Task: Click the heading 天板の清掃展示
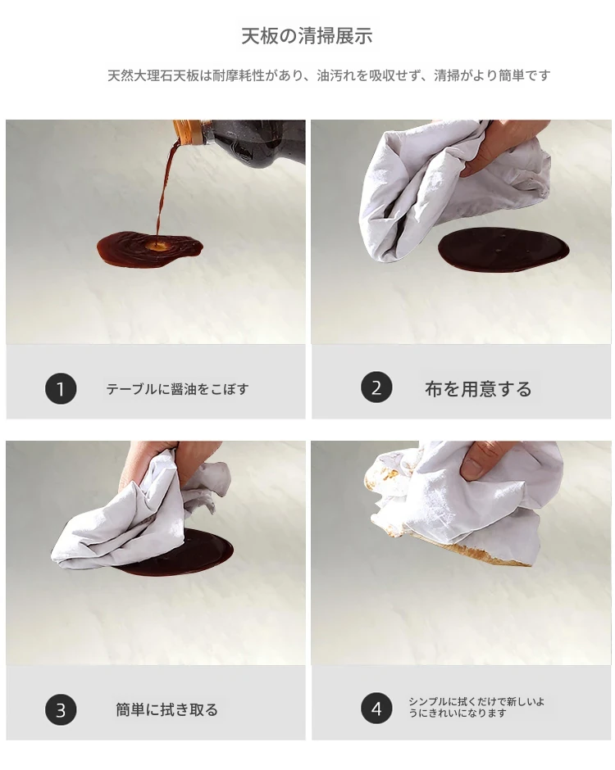pyautogui.click(x=307, y=36)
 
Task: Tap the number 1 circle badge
pyautogui.click(x=61, y=389)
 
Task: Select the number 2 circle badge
pyautogui.click(x=376, y=387)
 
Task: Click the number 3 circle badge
pyautogui.click(x=61, y=709)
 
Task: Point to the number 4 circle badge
pyautogui.click(x=376, y=708)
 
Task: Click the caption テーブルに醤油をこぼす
pyautogui.click(x=177, y=389)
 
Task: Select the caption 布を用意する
pyautogui.click(x=478, y=389)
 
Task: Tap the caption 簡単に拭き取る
pyautogui.click(x=166, y=709)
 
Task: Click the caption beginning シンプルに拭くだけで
pyautogui.click(x=476, y=707)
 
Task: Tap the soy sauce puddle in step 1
pyautogui.click(x=149, y=249)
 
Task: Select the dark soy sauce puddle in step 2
pyautogui.click(x=503, y=250)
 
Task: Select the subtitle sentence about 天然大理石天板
pyautogui.click(x=329, y=75)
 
